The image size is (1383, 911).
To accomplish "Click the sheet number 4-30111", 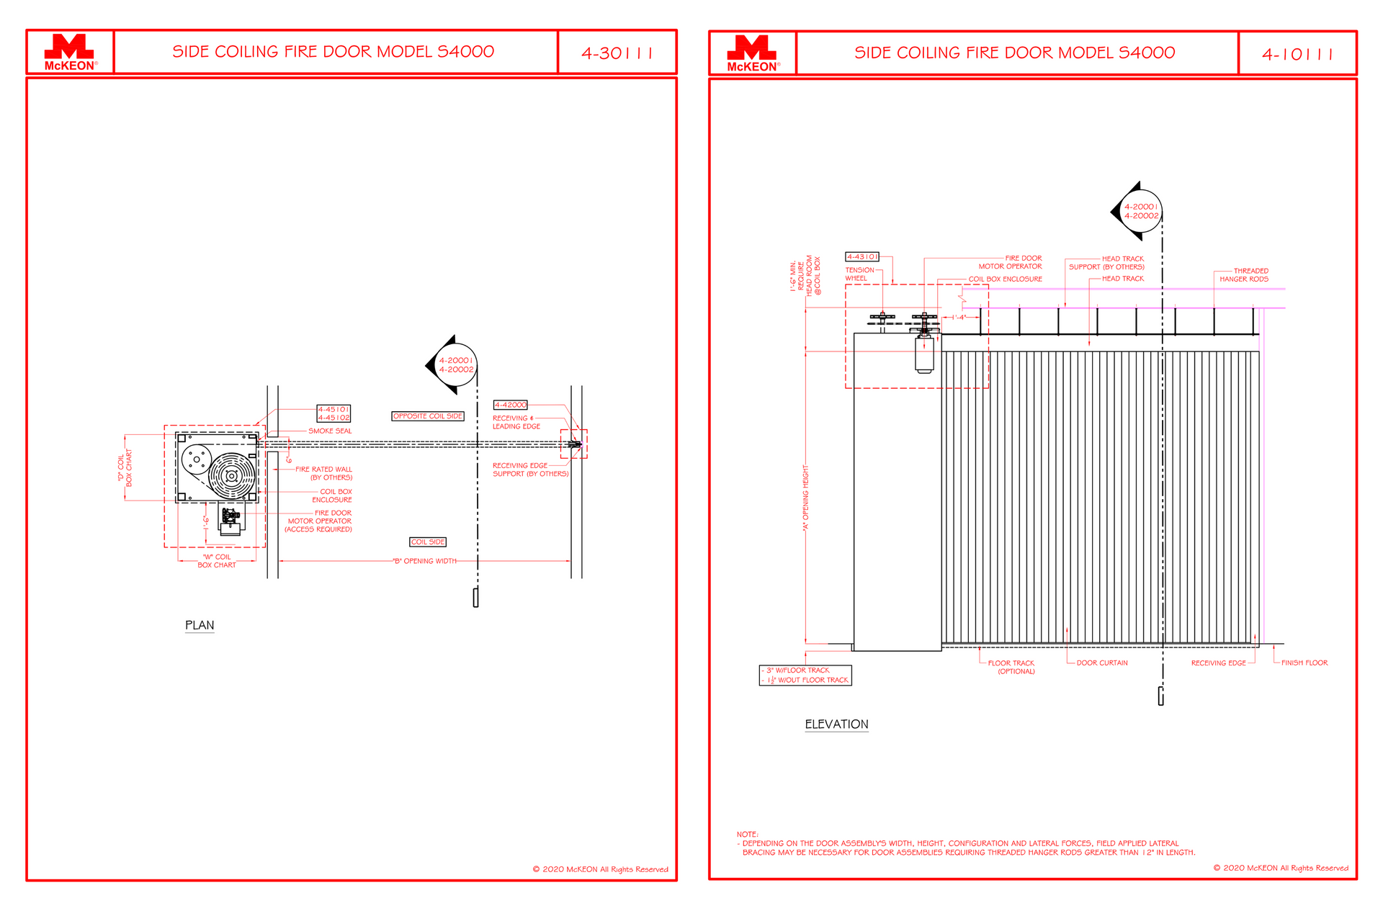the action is tap(617, 53).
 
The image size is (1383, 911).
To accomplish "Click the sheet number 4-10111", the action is tap(1297, 55).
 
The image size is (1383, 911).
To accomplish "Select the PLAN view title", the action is tap(200, 625).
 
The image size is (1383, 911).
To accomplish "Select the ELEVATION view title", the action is tap(836, 724).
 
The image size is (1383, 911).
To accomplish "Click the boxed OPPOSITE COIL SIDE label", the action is tap(428, 416).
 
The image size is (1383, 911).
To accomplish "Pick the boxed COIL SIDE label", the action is tap(428, 542).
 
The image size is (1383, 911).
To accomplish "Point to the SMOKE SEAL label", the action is tap(330, 431).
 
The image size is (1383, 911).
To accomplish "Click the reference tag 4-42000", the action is tap(510, 405).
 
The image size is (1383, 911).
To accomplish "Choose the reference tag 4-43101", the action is tap(862, 256).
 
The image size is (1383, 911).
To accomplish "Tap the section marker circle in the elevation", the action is tap(1142, 211).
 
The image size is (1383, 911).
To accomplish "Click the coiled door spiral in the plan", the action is tap(231, 476).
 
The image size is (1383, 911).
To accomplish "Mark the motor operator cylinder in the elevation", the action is tap(924, 354).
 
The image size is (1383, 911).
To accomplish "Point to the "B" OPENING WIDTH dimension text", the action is tap(425, 561).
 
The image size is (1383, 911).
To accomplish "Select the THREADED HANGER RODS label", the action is tap(1244, 275).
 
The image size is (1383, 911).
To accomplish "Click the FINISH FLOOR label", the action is tap(1304, 663).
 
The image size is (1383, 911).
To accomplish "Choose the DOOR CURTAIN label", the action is tap(1102, 663).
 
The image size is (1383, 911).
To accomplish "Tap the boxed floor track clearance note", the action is tap(805, 675).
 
